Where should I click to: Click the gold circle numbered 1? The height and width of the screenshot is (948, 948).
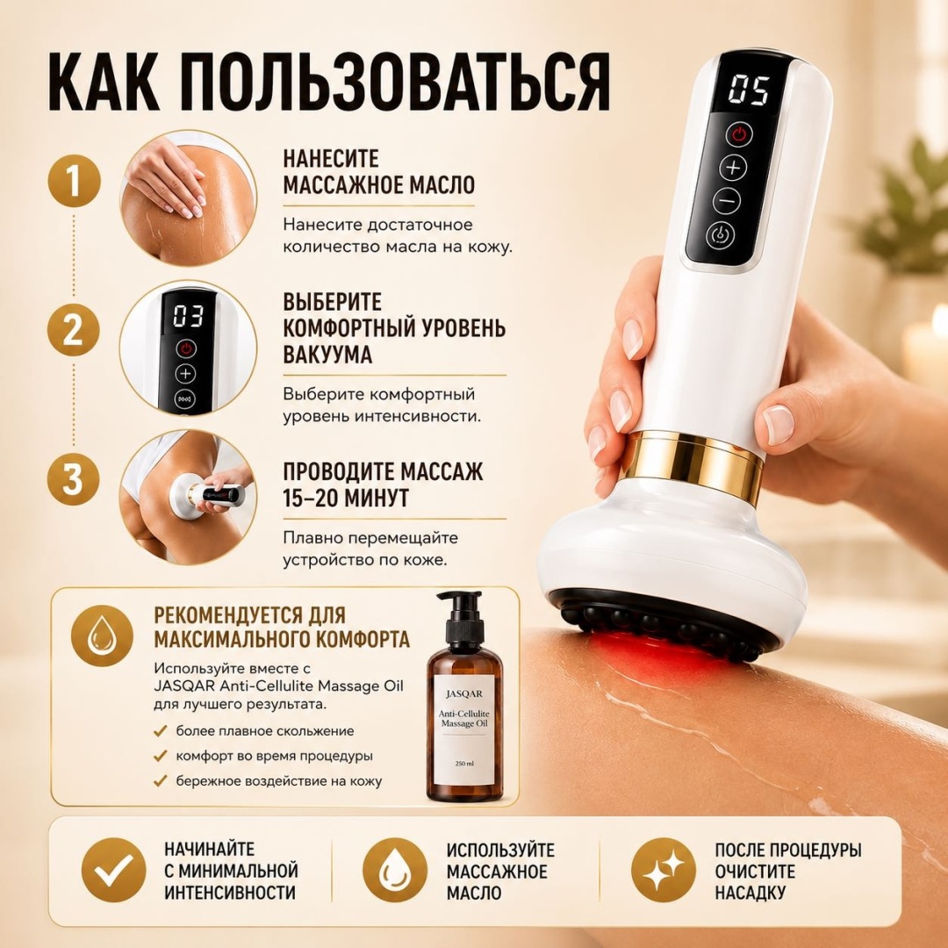tap(74, 183)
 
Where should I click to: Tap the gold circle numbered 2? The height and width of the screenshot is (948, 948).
tap(74, 331)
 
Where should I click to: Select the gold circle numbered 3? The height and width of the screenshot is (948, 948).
tap(74, 478)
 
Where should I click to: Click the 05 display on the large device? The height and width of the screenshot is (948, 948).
tap(748, 90)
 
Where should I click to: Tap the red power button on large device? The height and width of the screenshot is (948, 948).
tap(740, 134)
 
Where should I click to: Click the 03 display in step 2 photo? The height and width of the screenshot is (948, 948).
tap(188, 316)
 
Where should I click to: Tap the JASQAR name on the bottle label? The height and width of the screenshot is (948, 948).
tap(464, 693)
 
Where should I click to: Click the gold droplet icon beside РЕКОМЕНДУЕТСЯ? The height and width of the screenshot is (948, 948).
tap(102, 636)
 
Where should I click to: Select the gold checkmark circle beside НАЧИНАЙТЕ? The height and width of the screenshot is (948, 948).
tap(113, 871)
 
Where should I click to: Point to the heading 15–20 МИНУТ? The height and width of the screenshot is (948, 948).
tap(346, 498)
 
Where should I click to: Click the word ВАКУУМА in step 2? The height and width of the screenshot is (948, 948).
tap(327, 355)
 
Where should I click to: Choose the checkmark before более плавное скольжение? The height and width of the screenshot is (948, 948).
tap(161, 731)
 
